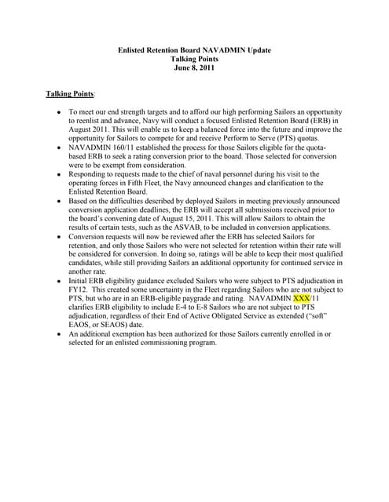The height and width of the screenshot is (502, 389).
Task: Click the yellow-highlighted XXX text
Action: [x=302, y=298]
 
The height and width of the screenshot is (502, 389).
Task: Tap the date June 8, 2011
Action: [x=194, y=68]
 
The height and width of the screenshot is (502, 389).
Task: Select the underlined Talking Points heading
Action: [x=70, y=93]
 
